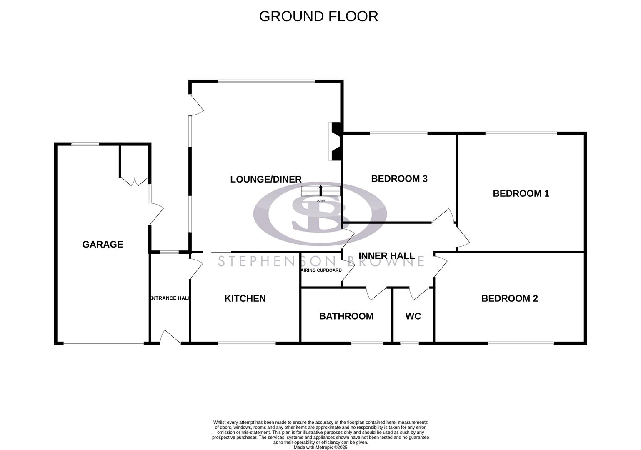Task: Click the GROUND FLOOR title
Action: click(318, 16)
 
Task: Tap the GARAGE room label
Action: click(103, 245)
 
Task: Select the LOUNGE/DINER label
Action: click(266, 179)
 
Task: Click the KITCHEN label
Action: click(245, 298)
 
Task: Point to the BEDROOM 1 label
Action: click(521, 193)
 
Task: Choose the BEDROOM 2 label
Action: click(509, 298)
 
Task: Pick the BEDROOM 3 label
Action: click(399, 179)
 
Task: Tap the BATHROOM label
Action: click(346, 316)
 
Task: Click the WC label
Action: click(413, 316)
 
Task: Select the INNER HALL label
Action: click(386, 256)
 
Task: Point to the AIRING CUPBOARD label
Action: click(321, 270)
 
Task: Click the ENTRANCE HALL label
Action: click(170, 298)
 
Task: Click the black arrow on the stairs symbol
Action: click(320, 190)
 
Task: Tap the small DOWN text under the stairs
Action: click(320, 201)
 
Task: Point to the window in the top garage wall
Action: click(85, 144)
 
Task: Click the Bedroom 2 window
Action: click(521, 343)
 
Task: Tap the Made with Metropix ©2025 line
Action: click(320, 447)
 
